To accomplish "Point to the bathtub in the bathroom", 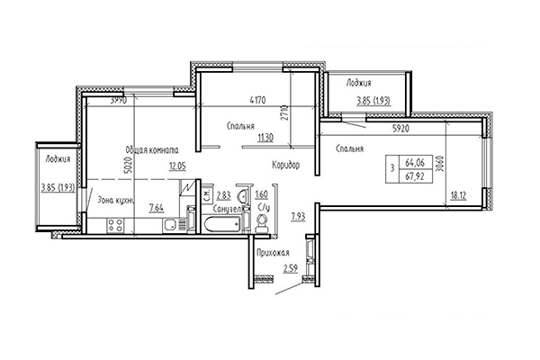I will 222,224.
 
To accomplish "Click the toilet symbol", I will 262,224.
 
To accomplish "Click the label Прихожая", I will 272,253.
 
